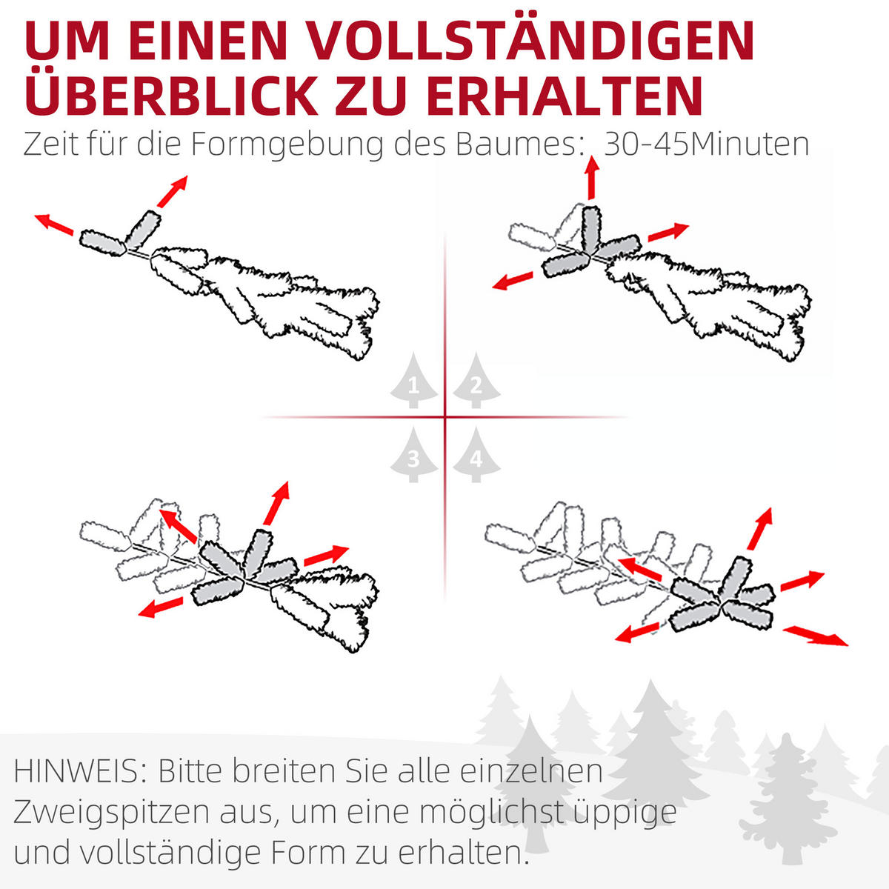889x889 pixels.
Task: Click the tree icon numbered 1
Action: click(413, 382)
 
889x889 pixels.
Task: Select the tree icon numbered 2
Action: click(476, 382)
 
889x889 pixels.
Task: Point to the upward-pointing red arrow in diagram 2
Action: click(591, 179)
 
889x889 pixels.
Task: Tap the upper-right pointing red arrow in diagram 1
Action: click(172, 192)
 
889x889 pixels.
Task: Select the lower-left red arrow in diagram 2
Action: click(513, 280)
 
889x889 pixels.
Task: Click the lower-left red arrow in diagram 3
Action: click(162, 607)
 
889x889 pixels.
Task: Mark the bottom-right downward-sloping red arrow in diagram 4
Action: click(816, 635)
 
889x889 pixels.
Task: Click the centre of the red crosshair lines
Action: click(445, 417)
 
